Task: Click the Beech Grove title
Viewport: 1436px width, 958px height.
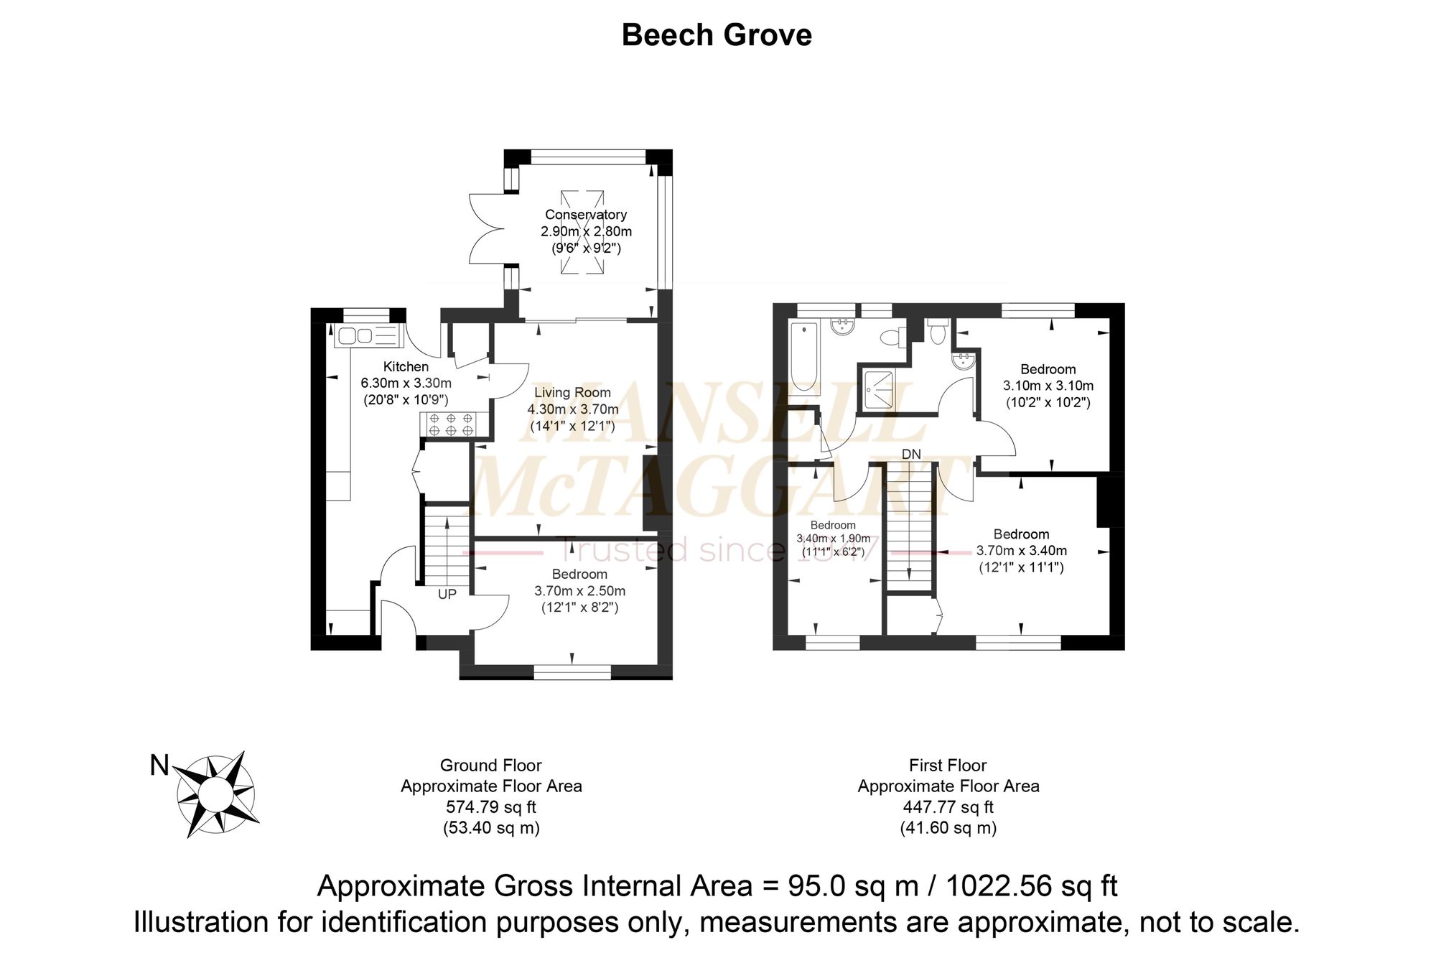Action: pos(717,35)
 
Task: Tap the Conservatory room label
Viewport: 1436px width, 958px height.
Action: pos(586,215)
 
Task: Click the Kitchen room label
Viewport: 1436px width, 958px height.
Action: pos(406,367)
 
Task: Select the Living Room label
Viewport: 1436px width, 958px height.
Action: pos(572,393)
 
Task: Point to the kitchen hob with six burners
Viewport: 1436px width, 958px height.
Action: pos(450,424)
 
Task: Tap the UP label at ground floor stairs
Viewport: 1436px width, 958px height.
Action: pos(447,595)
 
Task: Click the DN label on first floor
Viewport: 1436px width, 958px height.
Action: pos(911,455)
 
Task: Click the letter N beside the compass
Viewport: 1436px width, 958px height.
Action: pos(159,766)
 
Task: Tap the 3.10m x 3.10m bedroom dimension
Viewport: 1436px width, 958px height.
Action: pos(1048,386)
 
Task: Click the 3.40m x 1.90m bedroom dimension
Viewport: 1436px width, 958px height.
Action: pos(834,539)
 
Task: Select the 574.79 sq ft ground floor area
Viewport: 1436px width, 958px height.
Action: pos(491,807)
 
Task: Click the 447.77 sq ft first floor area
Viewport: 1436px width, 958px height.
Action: pos(948,807)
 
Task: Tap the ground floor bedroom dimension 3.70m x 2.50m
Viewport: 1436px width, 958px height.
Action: pos(580,591)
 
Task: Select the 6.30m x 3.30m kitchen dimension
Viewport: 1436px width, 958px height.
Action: pos(406,383)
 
